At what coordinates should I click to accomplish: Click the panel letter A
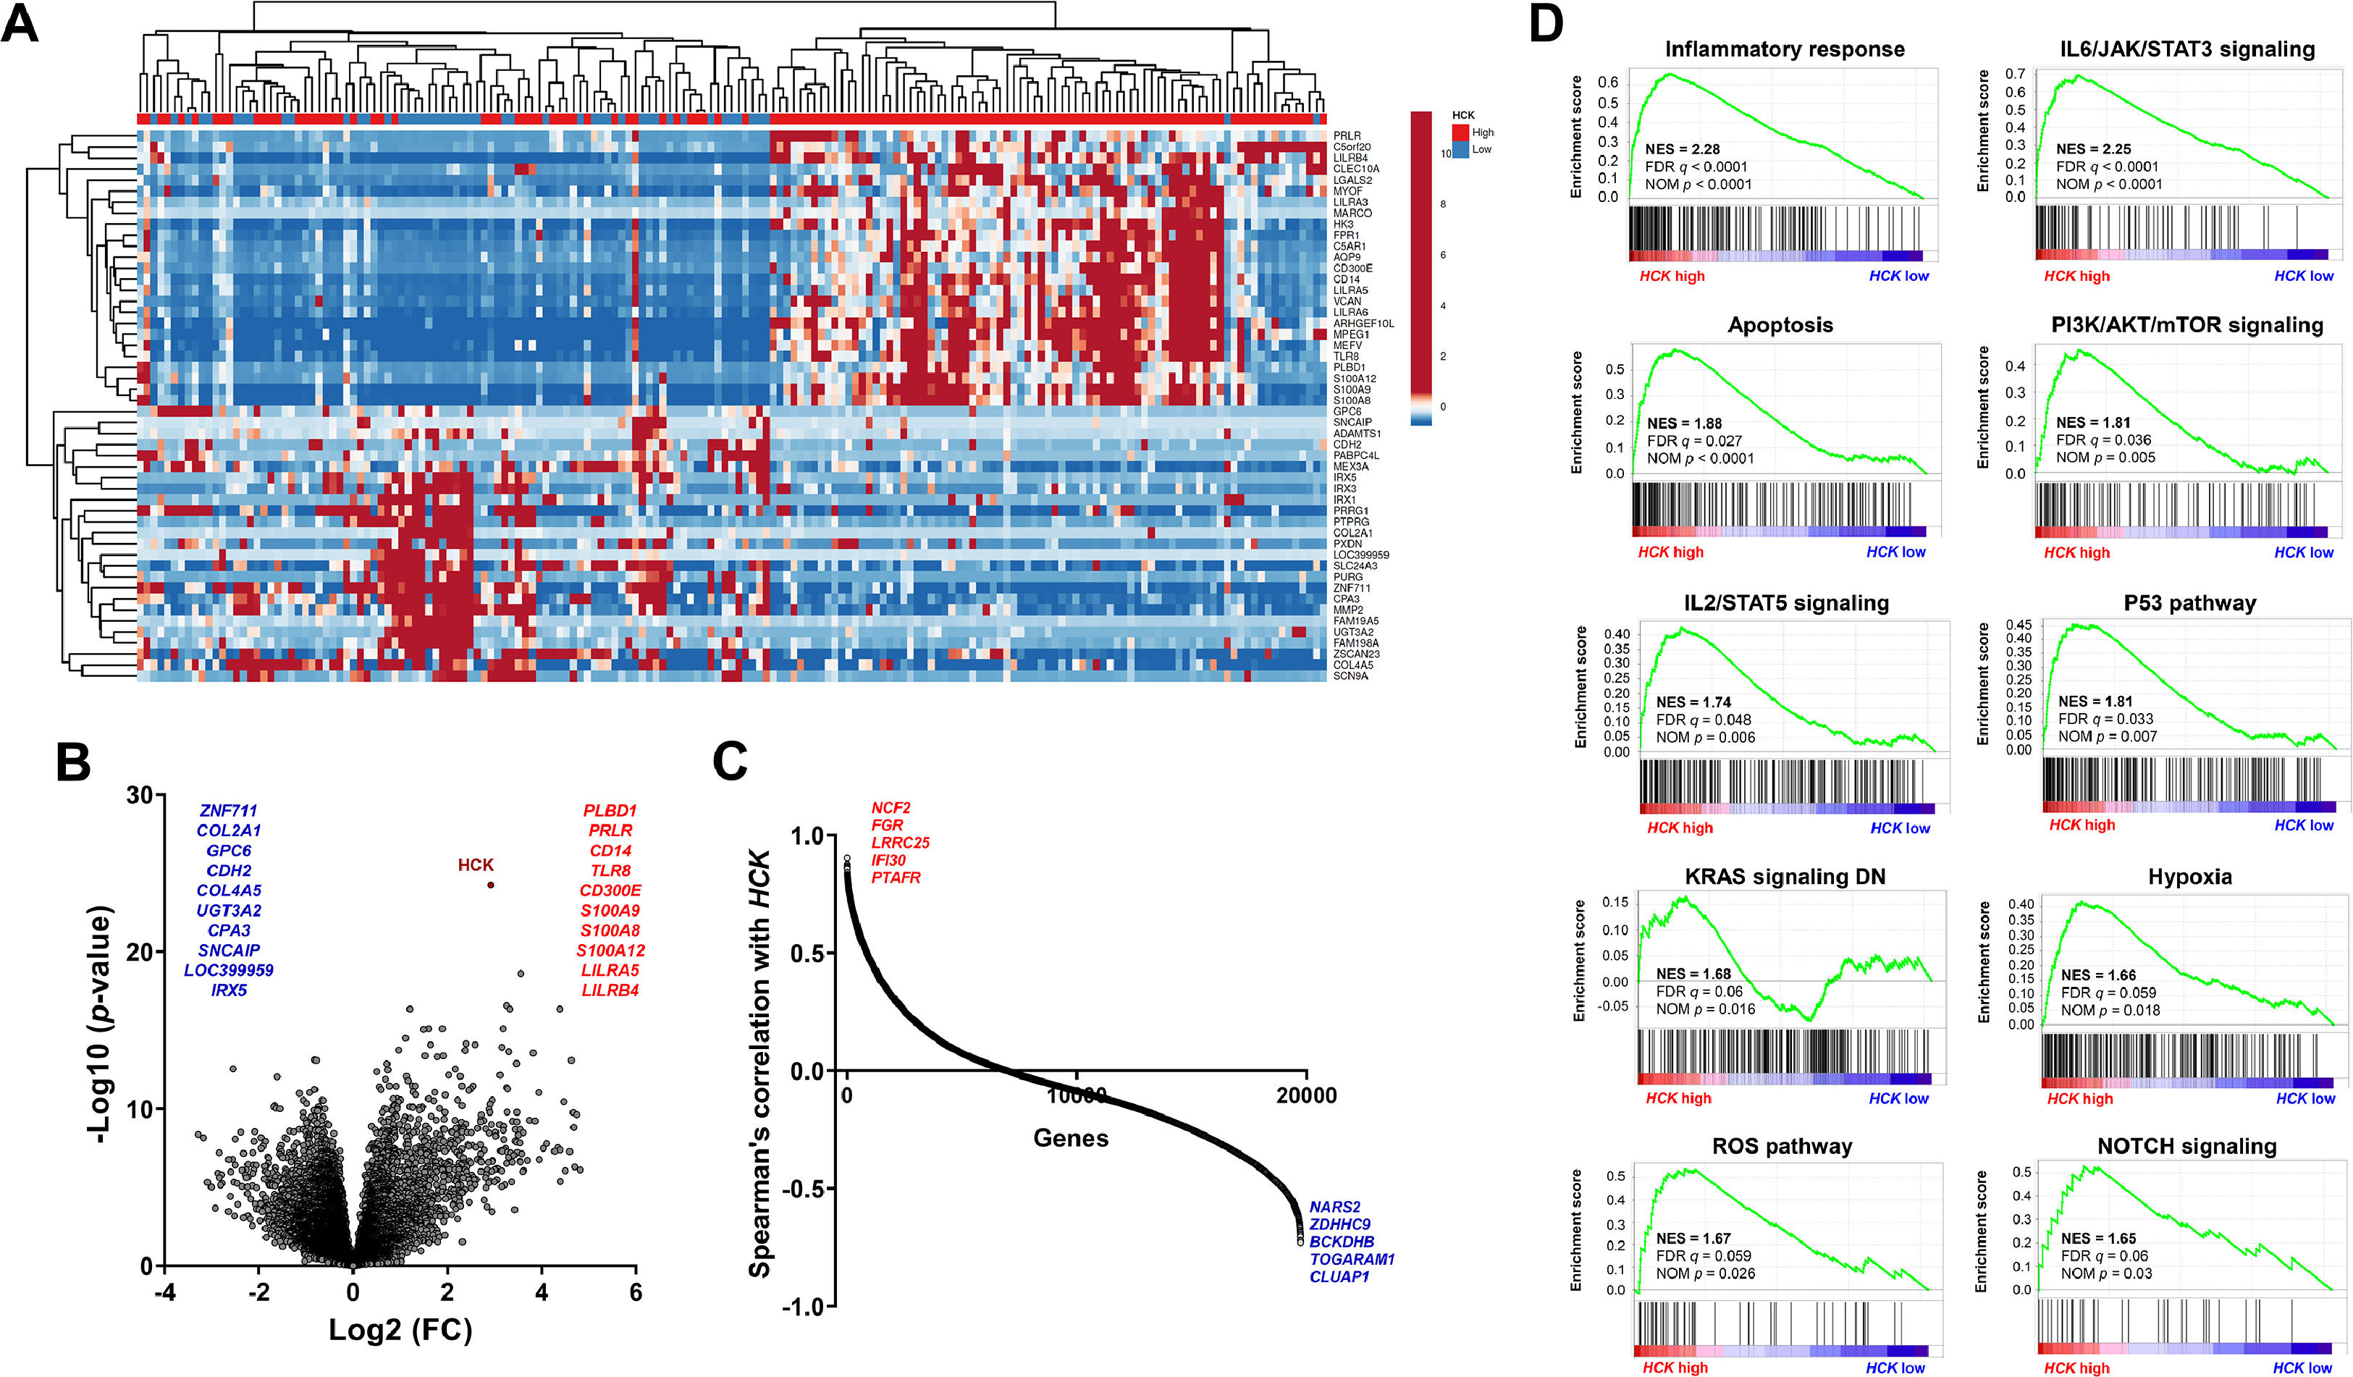click(x=20, y=23)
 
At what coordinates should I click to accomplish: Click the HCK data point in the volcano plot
click(x=491, y=885)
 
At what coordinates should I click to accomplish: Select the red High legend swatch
click(x=1460, y=132)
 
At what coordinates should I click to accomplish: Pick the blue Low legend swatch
click(x=1460, y=149)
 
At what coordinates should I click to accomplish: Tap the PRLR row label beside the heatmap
click(x=1347, y=136)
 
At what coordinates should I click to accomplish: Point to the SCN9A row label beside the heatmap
click(x=1350, y=676)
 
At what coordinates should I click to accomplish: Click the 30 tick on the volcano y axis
click(x=140, y=796)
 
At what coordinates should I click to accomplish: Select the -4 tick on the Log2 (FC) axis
click(x=164, y=1293)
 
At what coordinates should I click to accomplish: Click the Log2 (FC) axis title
click(x=400, y=1329)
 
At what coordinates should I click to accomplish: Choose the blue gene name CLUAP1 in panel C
click(x=1339, y=1277)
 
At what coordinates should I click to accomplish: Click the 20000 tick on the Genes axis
click(x=1306, y=1096)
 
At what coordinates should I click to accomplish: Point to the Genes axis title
click(x=1071, y=1138)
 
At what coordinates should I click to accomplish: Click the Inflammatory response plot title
click(x=1785, y=49)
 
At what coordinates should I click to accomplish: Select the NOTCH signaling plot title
click(x=2186, y=1146)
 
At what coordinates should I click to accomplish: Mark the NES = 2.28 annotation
click(x=1683, y=149)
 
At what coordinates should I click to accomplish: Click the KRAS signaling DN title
click(x=1785, y=877)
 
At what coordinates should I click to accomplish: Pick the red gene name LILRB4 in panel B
click(x=610, y=990)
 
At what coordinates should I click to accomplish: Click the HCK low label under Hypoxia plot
click(x=2305, y=1099)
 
